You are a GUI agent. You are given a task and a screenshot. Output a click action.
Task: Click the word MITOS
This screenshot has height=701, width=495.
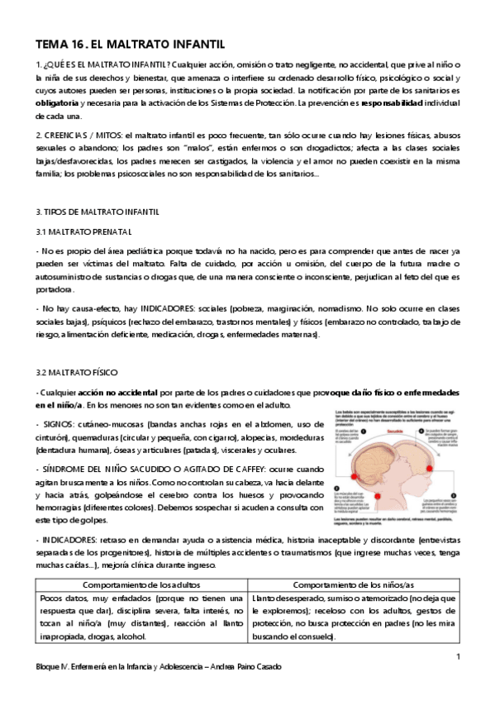[108, 134]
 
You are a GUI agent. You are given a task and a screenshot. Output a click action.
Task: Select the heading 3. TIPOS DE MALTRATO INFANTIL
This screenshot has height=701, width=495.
[101, 212]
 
